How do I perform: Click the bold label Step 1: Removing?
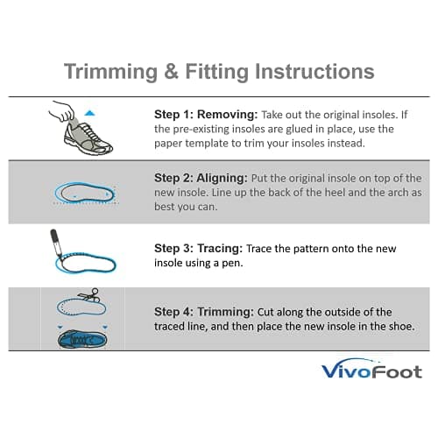point(196,113)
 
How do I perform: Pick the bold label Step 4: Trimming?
point(196,311)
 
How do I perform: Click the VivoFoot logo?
point(371,371)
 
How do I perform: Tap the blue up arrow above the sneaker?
point(88,113)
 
